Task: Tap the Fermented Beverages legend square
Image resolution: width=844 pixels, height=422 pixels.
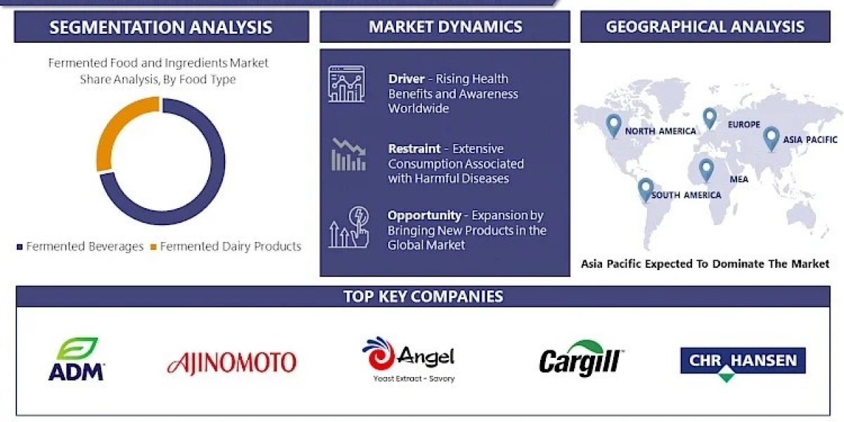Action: click(x=20, y=247)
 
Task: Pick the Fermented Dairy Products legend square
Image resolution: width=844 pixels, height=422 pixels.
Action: click(x=153, y=247)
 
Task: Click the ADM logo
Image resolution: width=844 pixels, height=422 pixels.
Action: click(x=77, y=359)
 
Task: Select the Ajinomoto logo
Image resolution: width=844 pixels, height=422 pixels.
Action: click(x=231, y=362)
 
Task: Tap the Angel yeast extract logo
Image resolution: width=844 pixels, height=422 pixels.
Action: click(x=409, y=359)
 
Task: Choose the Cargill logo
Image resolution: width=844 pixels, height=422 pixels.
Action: click(x=581, y=358)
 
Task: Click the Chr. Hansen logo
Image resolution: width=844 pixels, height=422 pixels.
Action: click(x=743, y=363)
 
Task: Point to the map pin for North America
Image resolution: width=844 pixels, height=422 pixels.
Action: click(x=613, y=126)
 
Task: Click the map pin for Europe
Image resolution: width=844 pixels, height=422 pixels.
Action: click(x=710, y=118)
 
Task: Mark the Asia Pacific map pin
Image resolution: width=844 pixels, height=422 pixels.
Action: click(x=771, y=139)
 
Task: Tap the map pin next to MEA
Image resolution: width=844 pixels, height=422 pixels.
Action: click(x=706, y=170)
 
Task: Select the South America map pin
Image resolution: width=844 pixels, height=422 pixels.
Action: click(x=646, y=189)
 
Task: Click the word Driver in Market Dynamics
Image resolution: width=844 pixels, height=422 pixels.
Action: click(x=407, y=79)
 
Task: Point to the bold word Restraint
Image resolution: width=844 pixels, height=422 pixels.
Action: click(x=414, y=149)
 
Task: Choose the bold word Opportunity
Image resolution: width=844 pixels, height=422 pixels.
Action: click(x=424, y=215)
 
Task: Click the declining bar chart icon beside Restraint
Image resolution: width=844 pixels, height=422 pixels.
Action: click(x=349, y=155)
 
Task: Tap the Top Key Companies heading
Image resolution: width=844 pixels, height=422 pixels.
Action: click(x=423, y=297)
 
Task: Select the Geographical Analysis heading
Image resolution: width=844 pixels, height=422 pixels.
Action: click(x=705, y=27)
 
